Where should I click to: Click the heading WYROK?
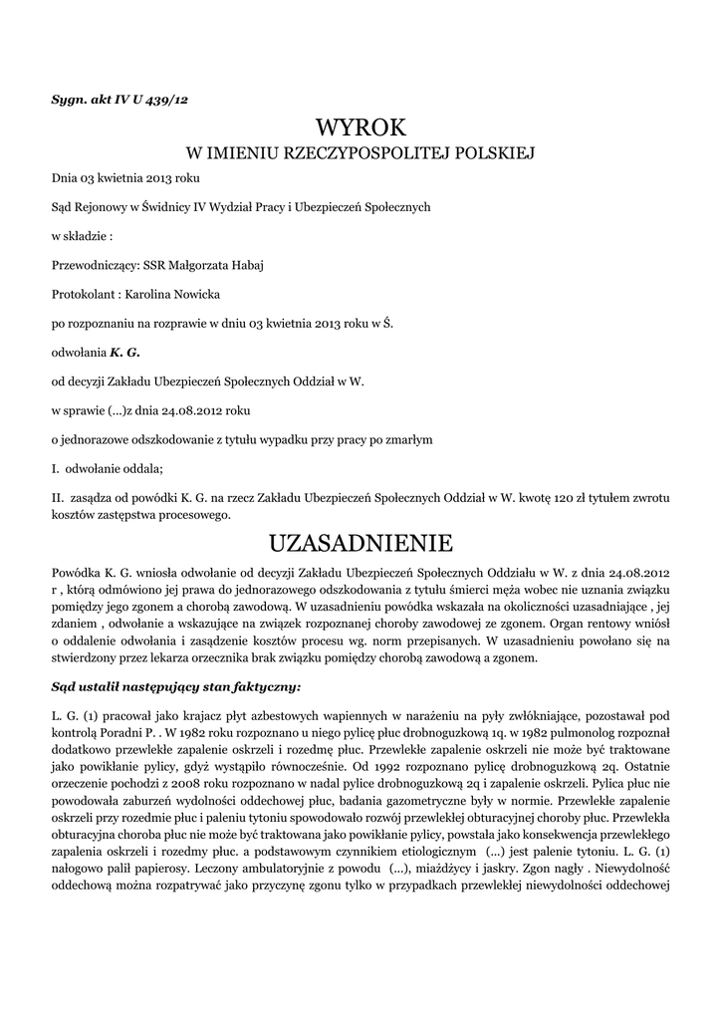[x=361, y=128]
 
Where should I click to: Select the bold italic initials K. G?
[x=124, y=352]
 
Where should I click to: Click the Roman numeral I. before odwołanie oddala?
[x=57, y=468]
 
